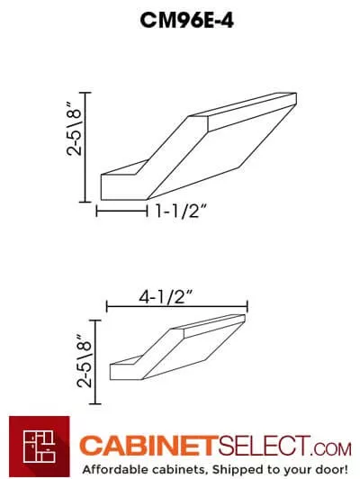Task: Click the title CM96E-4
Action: (x=180, y=20)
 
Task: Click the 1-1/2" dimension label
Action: (x=181, y=213)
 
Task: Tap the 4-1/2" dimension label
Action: (x=175, y=294)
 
